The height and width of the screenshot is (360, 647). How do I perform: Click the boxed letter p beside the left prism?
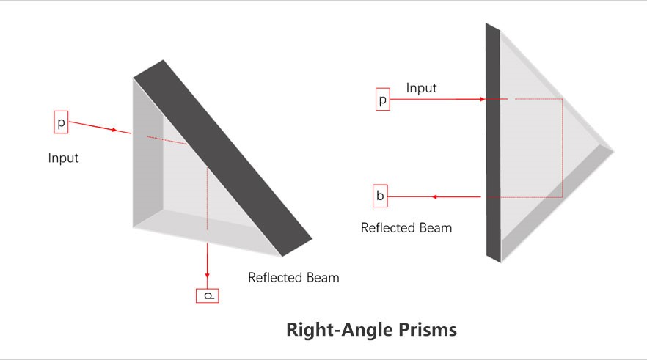click(61, 122)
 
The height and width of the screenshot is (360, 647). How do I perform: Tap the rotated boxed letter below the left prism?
click(207, 295)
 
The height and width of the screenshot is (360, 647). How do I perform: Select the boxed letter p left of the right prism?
click(382, 99)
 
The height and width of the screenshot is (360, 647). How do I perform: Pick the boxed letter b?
click(380, 196)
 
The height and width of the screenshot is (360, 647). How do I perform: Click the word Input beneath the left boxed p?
click(63, 158)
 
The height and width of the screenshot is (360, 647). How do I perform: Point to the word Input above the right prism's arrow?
click(421, 88)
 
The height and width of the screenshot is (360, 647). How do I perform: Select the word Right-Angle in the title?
click(340, 330)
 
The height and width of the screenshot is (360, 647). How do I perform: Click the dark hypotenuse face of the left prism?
click(222, 158)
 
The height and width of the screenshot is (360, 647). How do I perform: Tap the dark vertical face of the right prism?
click(493, 143)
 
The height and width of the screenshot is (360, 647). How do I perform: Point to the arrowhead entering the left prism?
click(114, 131)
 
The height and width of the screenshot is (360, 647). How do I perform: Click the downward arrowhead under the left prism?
click(207, 275)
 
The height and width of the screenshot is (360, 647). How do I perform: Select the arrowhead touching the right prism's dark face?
click(483, 99)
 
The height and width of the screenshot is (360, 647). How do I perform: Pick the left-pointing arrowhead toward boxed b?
click(434, 197)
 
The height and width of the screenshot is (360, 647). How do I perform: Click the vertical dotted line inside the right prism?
click(563, 148)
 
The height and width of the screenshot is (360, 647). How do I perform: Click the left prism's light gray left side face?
click(147, 153)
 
